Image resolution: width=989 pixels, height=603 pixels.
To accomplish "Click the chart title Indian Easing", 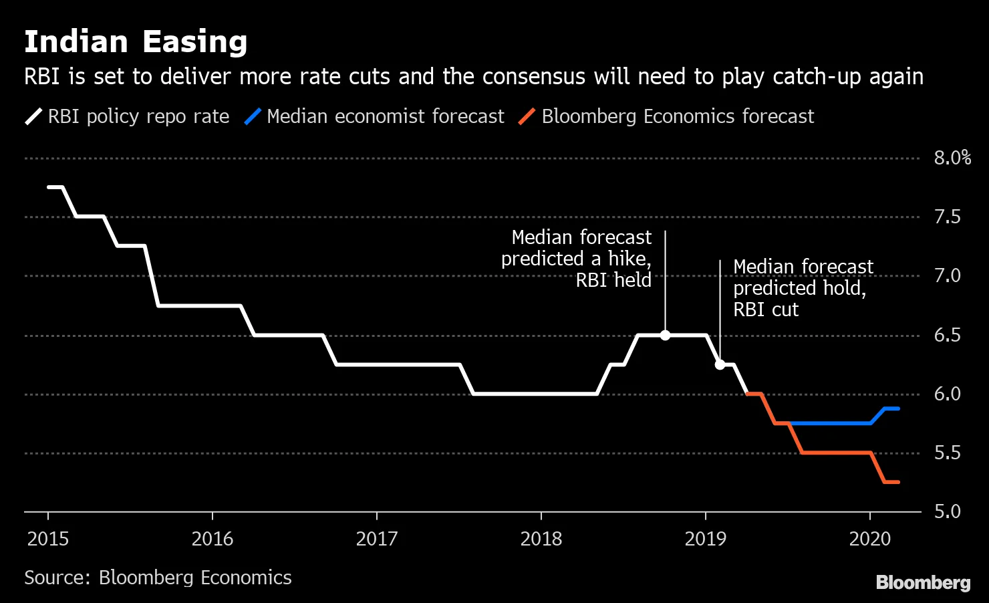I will click(x=136, y=42).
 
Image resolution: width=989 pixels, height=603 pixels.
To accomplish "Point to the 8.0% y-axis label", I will click(x=952, y=158).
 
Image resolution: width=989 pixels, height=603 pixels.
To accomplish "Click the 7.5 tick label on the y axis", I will click(x=947, y=217).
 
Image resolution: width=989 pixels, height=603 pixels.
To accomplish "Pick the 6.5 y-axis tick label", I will click(x=947, y=335).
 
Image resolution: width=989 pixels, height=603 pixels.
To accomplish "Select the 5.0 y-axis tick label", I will click(x=947, y=511).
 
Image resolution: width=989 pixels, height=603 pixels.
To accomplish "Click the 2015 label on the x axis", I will click(x=48, y=539).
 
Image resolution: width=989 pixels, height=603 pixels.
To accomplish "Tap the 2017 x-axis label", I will click(x=377, y=539).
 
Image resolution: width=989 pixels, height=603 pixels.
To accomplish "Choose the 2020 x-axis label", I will click(x=870, y=539).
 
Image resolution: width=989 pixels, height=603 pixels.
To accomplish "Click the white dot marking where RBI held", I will click(x=665, y=335).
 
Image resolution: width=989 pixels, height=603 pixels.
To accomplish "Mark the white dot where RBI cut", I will click(x=720, y=364).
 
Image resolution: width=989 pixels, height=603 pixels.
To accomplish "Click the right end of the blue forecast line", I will click(x=897, y=408).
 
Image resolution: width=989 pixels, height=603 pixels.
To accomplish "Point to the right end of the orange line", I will click(x=897, y=482).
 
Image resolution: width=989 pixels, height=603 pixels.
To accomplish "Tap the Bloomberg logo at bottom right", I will click(x=923, y=582).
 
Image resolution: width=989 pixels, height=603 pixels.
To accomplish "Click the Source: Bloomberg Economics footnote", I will click(x=158, y=578).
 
